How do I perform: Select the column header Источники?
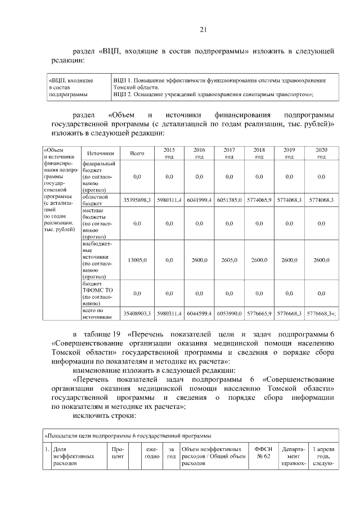(x=101, y=153)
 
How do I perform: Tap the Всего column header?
(x=137, y=153)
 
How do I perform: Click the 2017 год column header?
(x=229, y=153)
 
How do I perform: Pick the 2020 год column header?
(x=321, y=153)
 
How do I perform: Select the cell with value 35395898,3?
(x=137, y=200)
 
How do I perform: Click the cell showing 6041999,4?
(x=199, y=200)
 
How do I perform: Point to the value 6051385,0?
(x=229, y=200)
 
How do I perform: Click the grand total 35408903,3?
(x=137, y=313)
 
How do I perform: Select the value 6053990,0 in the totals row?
(x=229, y=313)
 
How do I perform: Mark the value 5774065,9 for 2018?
(x=259, y=200)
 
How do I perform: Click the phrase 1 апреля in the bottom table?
(x=325, y=449)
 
